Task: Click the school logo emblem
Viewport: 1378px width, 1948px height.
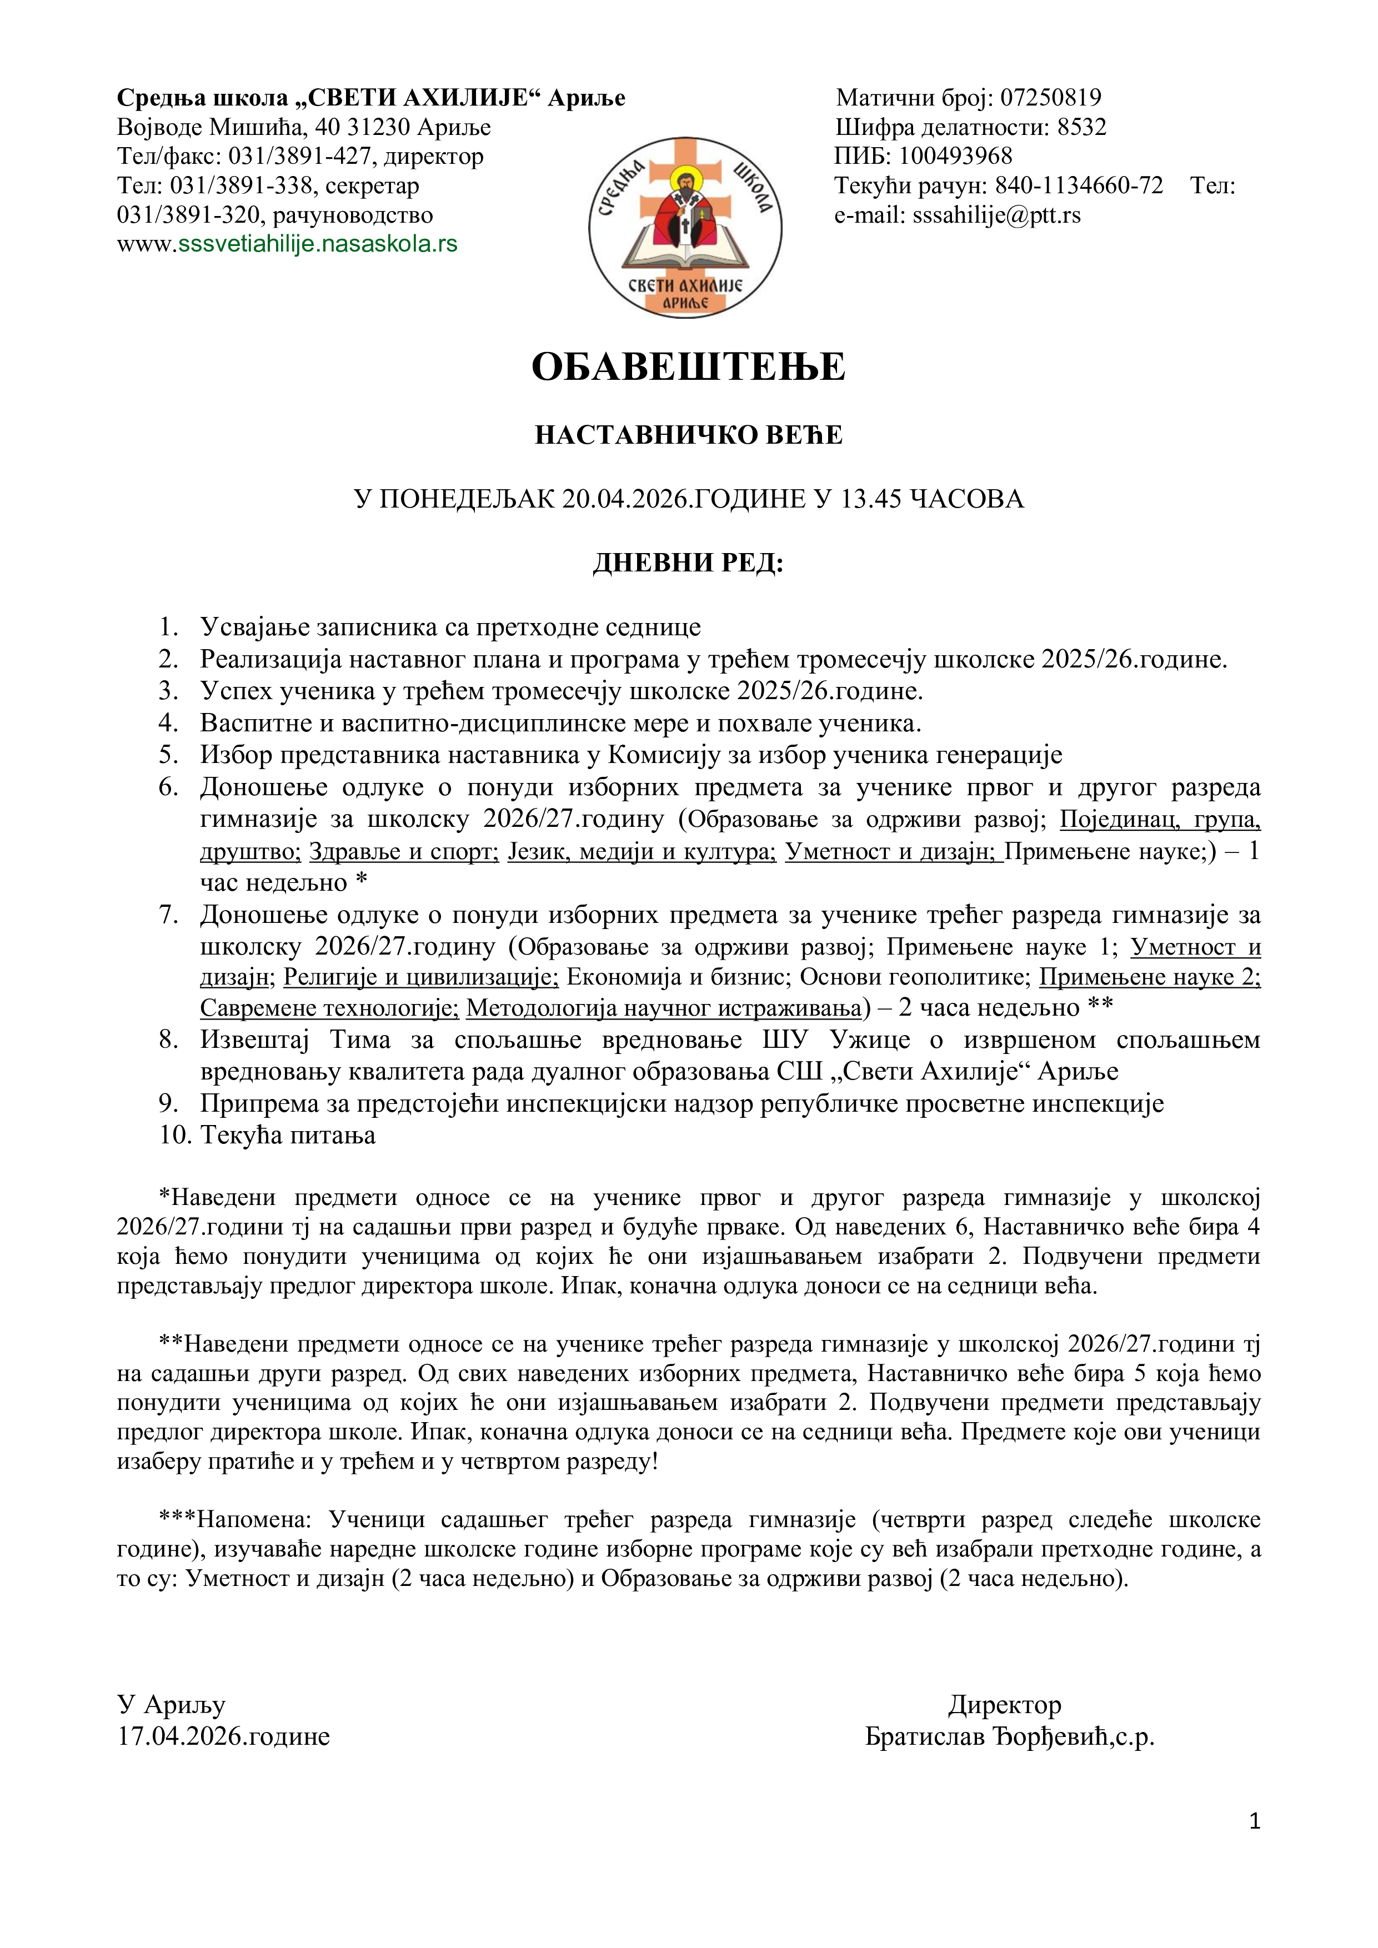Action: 685,227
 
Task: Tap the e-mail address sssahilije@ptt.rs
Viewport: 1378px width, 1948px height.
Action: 996,215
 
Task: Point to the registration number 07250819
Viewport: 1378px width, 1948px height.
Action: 1050,98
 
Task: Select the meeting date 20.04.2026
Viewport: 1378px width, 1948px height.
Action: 624,499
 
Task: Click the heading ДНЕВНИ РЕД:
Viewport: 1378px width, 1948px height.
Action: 688,564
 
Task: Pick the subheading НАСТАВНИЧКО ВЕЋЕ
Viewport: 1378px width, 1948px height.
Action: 688,435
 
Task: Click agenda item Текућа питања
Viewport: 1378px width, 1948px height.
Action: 288,1135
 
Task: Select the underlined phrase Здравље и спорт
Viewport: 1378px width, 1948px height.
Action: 404,851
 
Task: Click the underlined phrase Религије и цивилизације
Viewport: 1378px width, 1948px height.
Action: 421,977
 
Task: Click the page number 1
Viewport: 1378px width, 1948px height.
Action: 1255,1821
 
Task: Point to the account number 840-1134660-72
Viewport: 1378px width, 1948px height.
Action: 1079,186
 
